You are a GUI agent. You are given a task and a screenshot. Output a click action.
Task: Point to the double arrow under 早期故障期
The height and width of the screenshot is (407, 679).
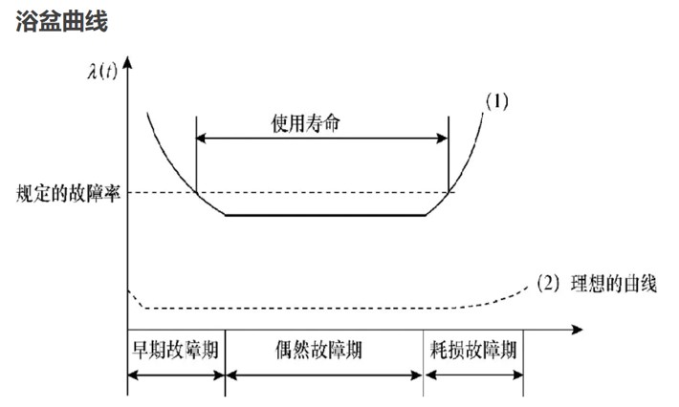click(x=176, y=375)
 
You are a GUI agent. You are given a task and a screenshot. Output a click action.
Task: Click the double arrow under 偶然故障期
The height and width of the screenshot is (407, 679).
click(x=323, y=375)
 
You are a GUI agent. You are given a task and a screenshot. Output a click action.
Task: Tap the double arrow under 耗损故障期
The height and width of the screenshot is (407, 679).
click(x=473, y=375)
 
